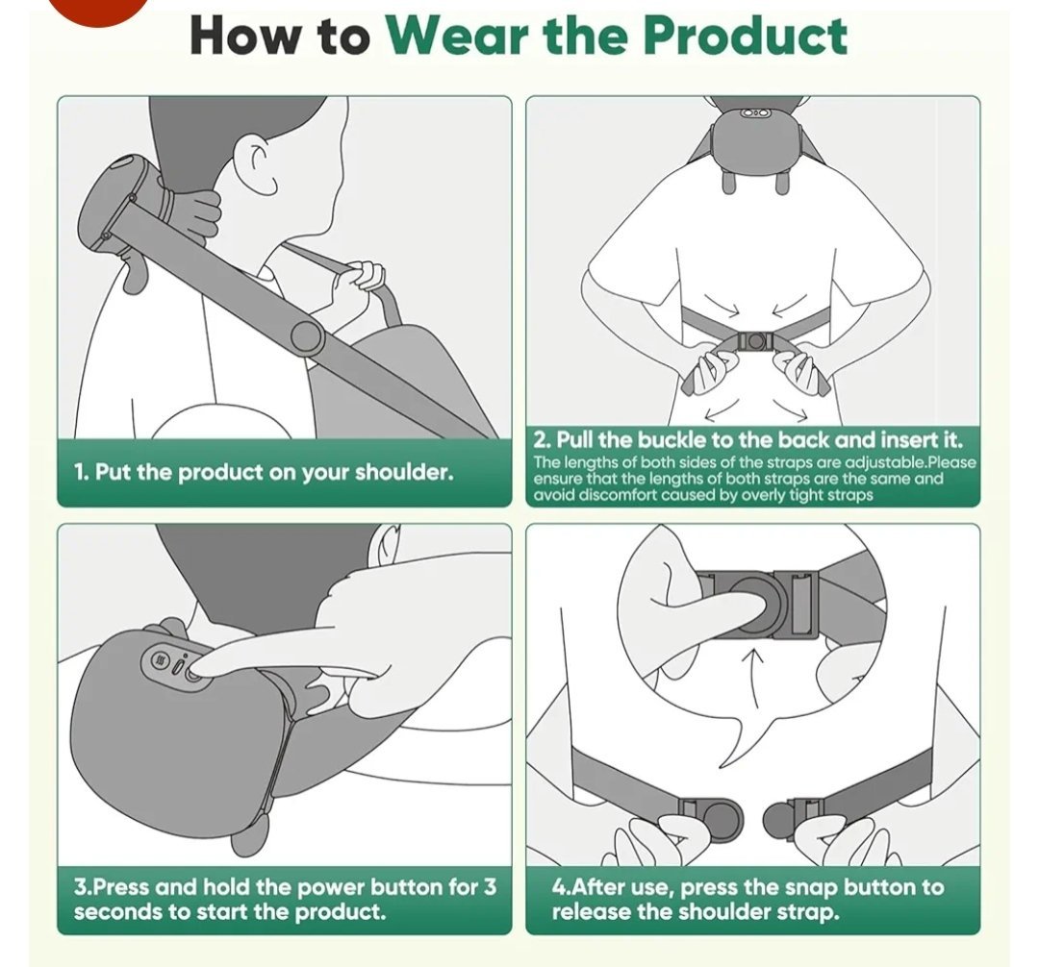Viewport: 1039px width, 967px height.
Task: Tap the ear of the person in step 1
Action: tap(263, 163)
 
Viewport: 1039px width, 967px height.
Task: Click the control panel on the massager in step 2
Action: tap(755, 113)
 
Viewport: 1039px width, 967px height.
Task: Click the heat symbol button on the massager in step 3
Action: tap(159, 659)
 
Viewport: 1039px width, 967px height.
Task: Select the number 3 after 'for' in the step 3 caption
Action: tap(489, 886)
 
